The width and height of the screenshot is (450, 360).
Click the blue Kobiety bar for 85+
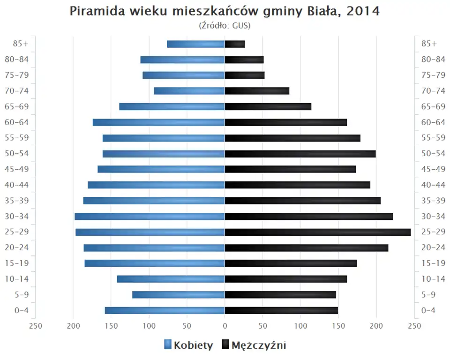[x=196, y=44]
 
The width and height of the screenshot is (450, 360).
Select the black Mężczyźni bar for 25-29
[x=318, y=232]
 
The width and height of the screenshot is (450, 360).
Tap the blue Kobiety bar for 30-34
[x=150, y=216]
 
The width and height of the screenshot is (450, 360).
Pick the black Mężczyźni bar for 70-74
[x=257, y=91]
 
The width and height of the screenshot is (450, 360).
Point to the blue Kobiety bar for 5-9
[x=179, y=294]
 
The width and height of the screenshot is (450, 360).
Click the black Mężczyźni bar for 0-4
[x=281, y=310]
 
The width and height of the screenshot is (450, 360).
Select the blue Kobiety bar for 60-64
[x=159, y=122]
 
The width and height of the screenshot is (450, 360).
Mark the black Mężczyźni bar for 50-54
[x=300, y=154]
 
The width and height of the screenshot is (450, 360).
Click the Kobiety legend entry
[x=188, y=345]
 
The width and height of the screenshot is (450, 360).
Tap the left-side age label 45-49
[x=17, y=169]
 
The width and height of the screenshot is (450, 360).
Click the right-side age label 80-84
[x=433, y=60]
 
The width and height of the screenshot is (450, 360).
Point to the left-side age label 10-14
[x=17, y=279]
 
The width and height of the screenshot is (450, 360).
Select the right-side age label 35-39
[x=433, y=201]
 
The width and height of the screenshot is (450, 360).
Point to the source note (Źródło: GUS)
[x=225, y=25]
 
